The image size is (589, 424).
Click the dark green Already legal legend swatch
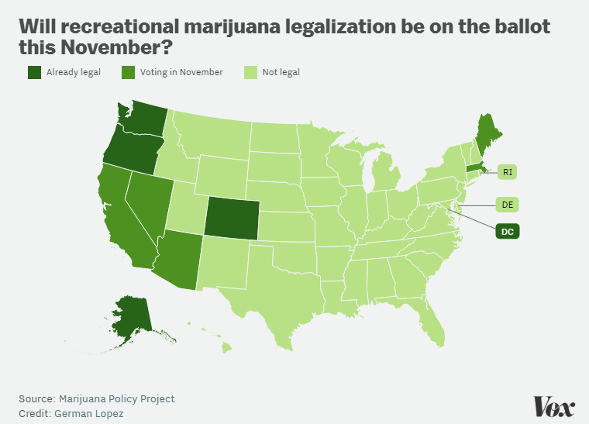35,72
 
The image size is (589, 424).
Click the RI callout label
506,172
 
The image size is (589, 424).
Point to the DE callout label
507,205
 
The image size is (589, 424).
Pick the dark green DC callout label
508,231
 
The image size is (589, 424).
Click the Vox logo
553,406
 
